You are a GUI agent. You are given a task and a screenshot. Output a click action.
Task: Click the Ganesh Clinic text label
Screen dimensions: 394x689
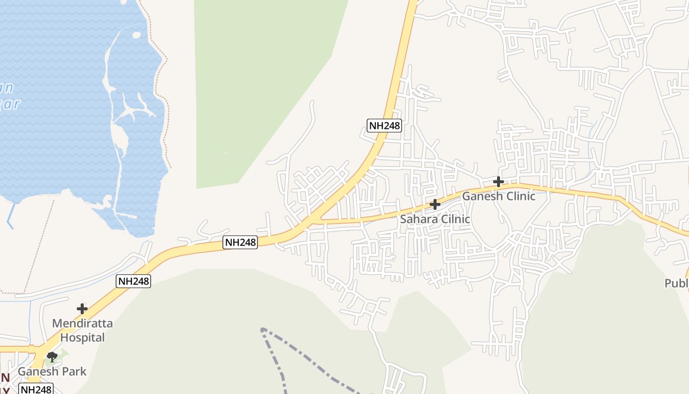tap(498, 196)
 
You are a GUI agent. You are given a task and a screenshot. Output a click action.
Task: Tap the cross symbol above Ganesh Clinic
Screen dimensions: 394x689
tap(498, 182)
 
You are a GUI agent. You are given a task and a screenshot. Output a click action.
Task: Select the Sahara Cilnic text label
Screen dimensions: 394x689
tap(435, 219)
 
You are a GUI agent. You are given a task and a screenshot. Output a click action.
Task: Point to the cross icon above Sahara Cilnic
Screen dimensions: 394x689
tap(435, 204)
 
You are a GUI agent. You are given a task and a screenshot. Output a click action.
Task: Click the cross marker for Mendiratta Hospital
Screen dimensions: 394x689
tap(82, 309)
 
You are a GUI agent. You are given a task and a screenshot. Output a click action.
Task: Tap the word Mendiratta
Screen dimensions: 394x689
tap(82, 324)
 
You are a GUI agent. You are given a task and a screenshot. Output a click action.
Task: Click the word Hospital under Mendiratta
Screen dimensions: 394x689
tap(82, 337)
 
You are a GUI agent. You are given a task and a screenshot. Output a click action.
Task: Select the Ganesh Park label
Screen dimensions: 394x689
tap(52, 371)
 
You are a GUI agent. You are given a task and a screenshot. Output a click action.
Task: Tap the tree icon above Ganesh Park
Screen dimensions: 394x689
tap(52, 357)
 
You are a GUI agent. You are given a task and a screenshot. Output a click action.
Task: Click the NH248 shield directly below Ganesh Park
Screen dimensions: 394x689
tap(35, 389)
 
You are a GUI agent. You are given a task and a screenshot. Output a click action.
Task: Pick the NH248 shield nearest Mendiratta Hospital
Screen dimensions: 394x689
tap(133, 281)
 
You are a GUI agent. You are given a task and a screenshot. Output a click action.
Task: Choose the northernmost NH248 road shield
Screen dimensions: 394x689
tap(384, 126)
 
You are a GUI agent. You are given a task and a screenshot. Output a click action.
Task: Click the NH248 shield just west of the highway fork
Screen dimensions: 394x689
tap(240, 242)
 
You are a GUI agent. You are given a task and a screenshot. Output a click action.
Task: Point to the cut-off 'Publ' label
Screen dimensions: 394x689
tap(677, 283)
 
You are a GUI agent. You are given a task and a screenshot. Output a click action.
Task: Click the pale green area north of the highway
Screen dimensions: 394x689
tap(256, 89)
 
